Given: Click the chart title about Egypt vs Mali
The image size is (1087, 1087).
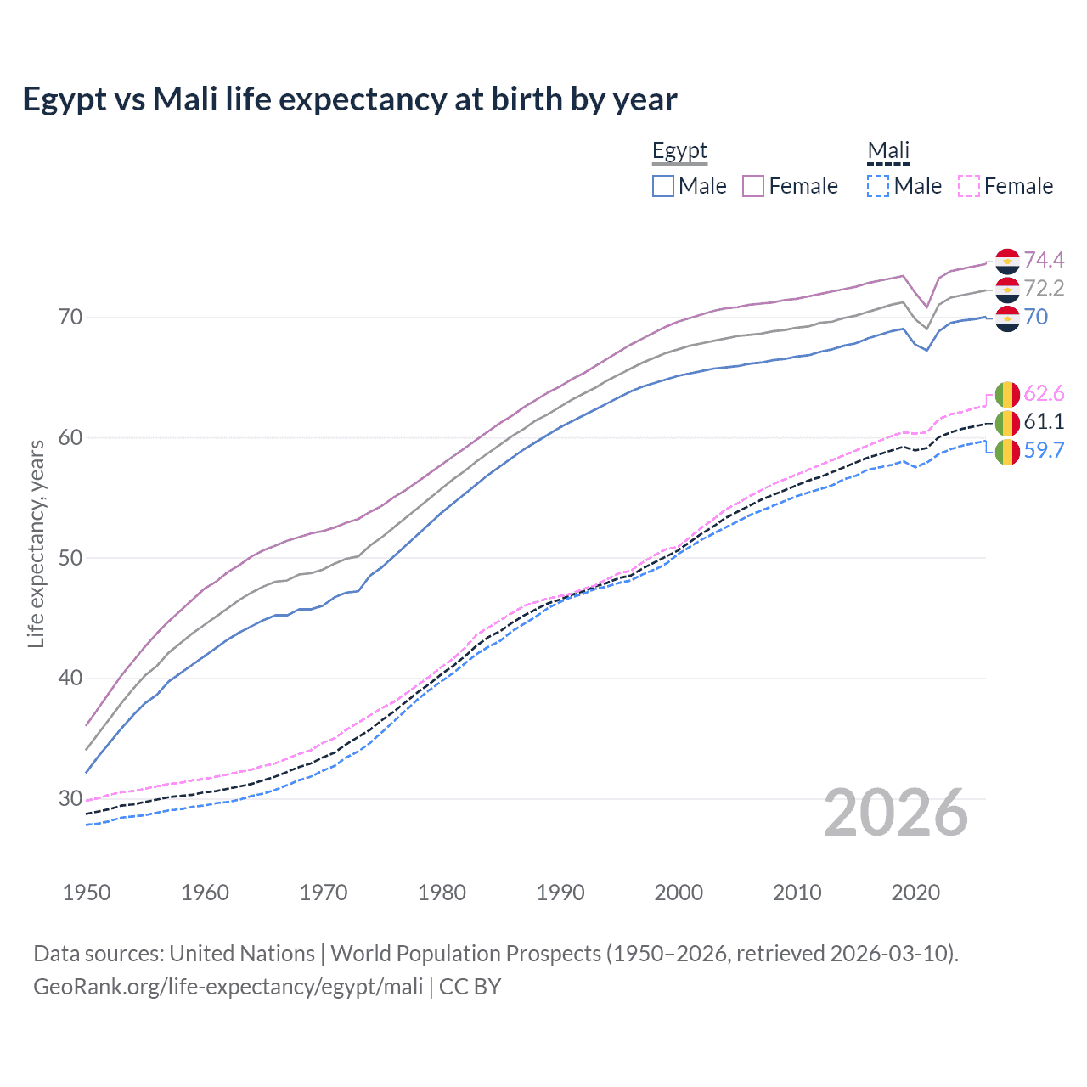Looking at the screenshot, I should point(349,99).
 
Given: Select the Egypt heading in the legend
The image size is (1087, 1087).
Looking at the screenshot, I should point(679,151).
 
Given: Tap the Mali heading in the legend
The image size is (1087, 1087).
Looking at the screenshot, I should point(887,151).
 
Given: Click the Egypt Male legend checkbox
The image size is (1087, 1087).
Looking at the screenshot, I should point(663,186).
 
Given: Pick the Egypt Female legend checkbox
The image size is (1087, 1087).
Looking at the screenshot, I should point(753,186).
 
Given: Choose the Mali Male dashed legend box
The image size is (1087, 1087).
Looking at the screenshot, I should point(878,186).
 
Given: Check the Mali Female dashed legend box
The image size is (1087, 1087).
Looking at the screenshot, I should point(969,186).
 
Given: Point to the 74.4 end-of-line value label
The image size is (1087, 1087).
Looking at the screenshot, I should point(1044,260).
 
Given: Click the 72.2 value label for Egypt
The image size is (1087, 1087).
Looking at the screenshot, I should point(1044,289).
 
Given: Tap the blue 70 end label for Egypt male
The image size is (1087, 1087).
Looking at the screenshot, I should point(1036,318).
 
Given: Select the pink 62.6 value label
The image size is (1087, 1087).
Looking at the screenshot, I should point(1044,393).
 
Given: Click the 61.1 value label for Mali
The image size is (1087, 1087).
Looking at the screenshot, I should point(1044,422).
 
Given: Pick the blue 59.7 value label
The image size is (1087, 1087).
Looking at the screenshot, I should point(1044,451).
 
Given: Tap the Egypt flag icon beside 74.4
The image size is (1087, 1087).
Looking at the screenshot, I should point(1007,260).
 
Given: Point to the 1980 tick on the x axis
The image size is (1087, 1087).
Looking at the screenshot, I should point(442,893).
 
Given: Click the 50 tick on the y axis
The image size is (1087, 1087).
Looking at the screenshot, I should point(70,558).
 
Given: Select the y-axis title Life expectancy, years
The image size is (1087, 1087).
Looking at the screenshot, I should point(37,543).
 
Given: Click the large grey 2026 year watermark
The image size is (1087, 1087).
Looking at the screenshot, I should point(895,813).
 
